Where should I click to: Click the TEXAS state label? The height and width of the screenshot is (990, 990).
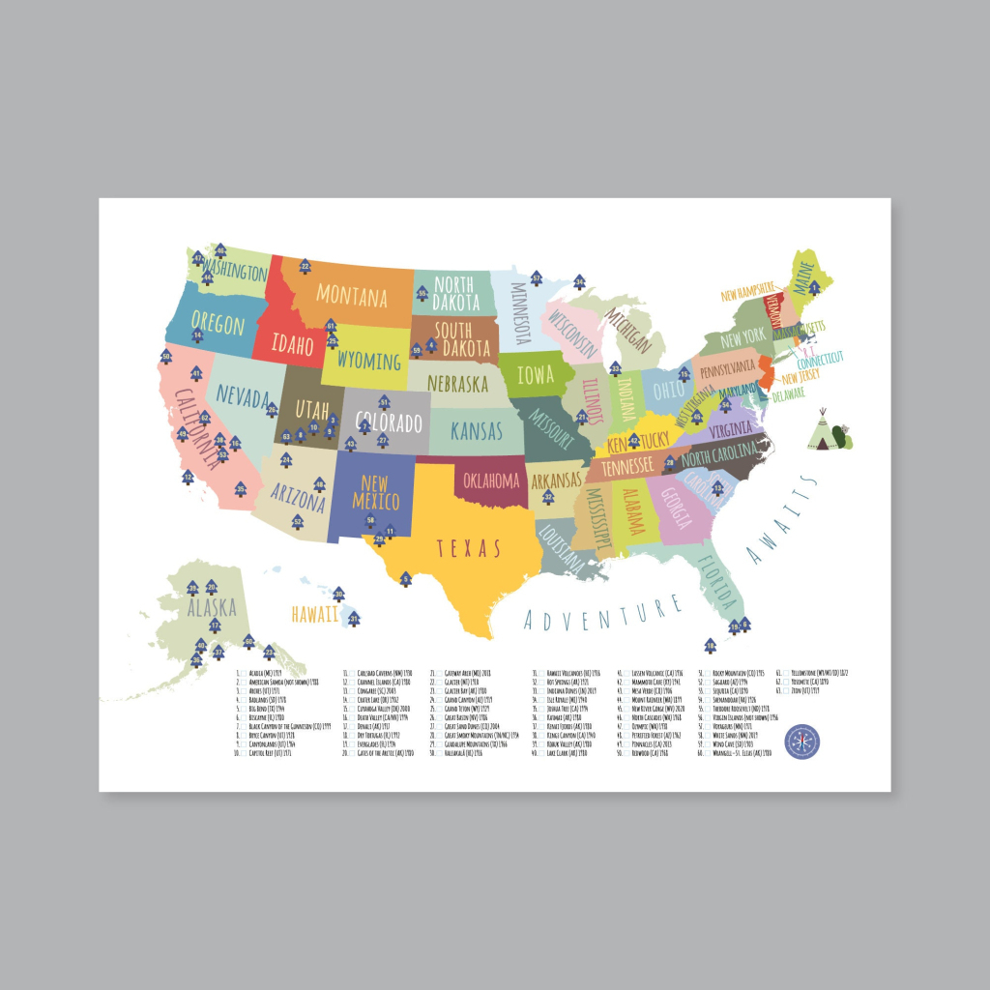469,549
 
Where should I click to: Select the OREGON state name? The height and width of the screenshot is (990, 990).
218,323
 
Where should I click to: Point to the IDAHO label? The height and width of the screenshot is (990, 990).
291,345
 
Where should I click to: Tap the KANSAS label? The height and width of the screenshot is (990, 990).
477,430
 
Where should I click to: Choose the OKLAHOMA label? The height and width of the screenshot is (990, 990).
491,479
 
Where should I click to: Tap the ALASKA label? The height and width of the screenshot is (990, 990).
212,608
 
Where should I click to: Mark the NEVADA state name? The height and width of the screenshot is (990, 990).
243,396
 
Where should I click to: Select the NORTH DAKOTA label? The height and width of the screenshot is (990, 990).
452,293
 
